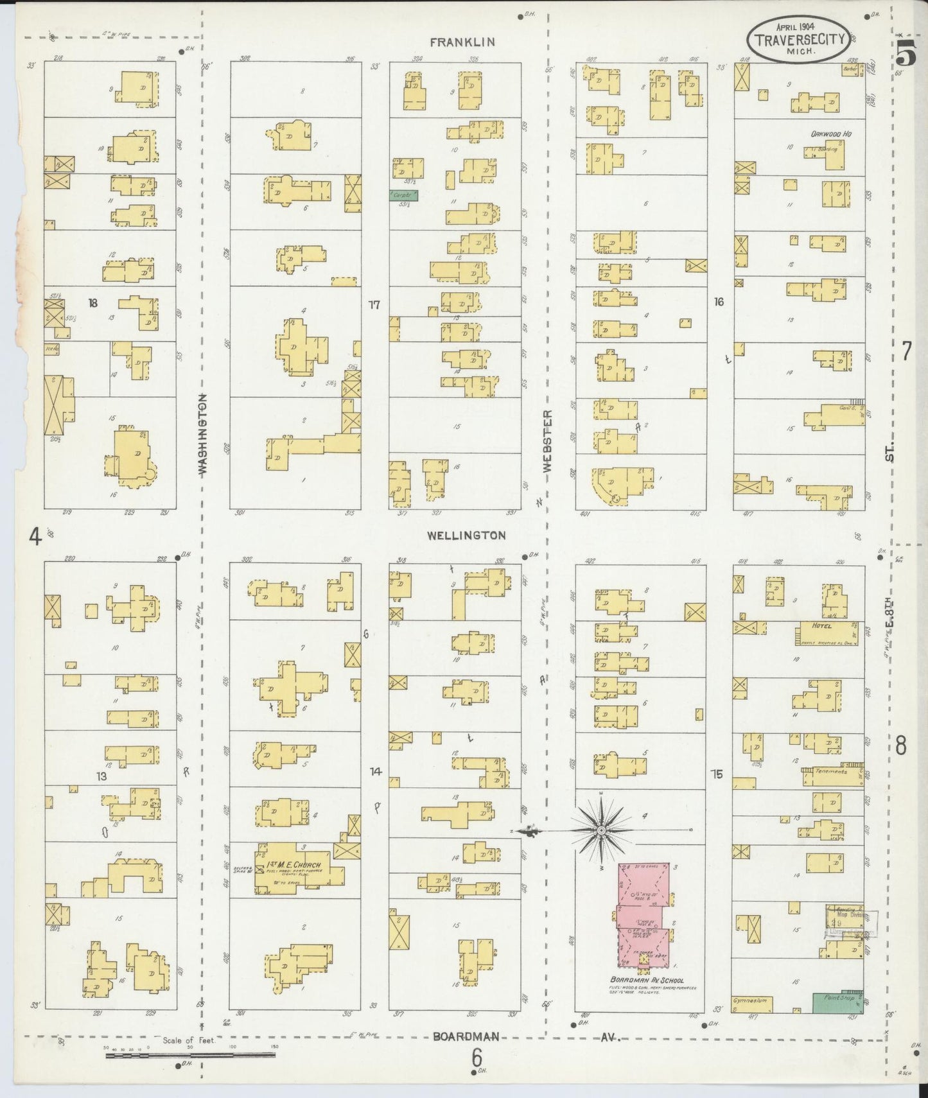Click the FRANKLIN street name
click(x=462, y=42)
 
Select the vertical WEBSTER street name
click(x=547, y=442)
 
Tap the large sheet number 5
click(x=906, y=57)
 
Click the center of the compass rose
click(x=601, y=831)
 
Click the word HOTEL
click(x=821, y=626)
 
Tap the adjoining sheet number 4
click(x=35, y=536)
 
